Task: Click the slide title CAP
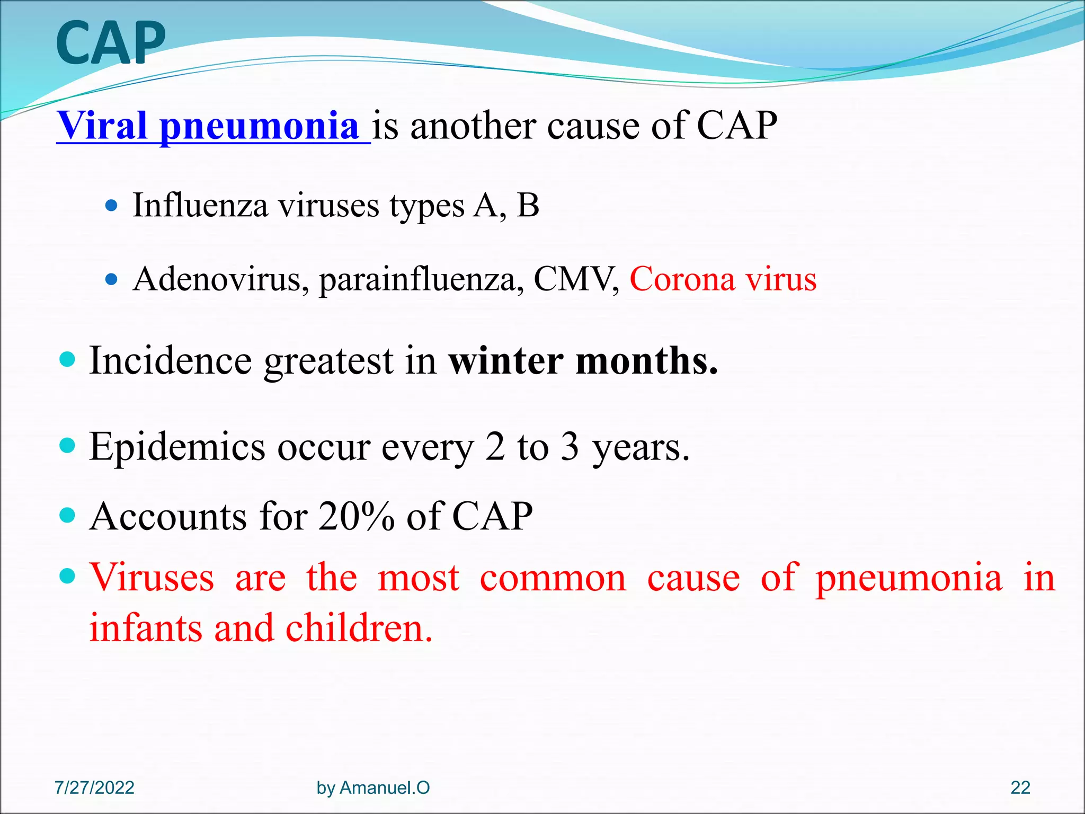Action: click(x=110, y=43)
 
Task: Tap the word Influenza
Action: click(x=200, y=205)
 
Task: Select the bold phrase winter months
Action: click(x=583, y=360)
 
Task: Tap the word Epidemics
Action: click(x=177, y=447)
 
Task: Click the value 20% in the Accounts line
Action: click(x=356, y=516)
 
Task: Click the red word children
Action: click(x=359, y=628)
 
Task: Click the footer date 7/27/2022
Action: click(x=94, y=788)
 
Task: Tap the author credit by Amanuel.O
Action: click(x=373, y=788)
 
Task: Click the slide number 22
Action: click(x=1020, y=788)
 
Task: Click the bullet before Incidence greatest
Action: click(x=68, y=361)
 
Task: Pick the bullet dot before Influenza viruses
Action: click(x=111, y=206)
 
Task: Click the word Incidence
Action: click(x=170, y=360)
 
